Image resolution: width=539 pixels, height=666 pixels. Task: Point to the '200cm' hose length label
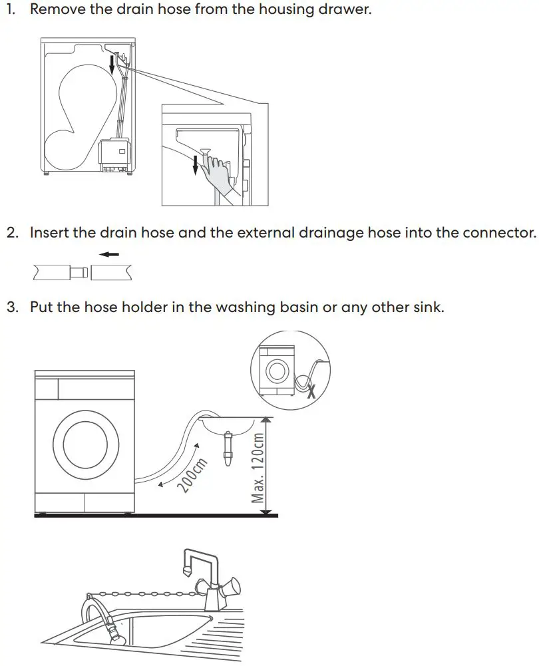point(192,475)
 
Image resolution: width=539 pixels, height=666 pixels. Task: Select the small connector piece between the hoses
point(79,271)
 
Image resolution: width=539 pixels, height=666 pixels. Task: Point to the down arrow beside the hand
point(196,165)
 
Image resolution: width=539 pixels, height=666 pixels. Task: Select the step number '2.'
point(13,233)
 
